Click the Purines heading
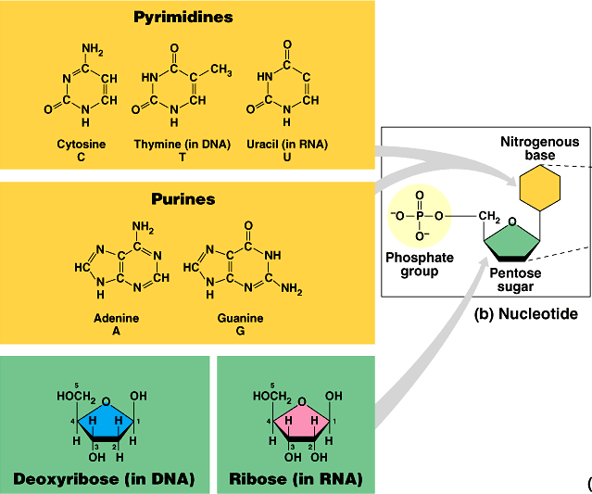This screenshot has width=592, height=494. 183,198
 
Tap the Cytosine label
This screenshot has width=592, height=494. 82,145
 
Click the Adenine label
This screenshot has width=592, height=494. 117,318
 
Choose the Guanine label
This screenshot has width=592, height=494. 240,318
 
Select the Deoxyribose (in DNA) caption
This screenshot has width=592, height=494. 104,479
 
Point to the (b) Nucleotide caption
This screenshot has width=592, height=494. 525,314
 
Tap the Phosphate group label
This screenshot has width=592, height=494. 414,264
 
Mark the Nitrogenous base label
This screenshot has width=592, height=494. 540,148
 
